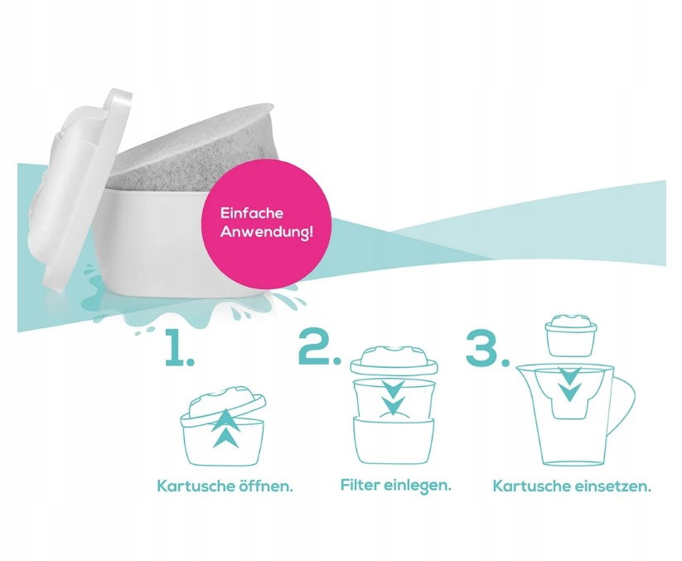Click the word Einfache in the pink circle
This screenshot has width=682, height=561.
point(252,213)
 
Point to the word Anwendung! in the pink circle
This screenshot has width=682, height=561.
point(267,231)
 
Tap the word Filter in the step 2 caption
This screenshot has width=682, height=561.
point(360,484)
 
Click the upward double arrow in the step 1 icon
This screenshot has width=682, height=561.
point(225,428)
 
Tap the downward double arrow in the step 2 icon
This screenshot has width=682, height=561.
point(393,397)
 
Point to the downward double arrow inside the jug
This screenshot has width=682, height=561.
point(569,384)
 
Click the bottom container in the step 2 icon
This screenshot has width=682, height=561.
point(394,441)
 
